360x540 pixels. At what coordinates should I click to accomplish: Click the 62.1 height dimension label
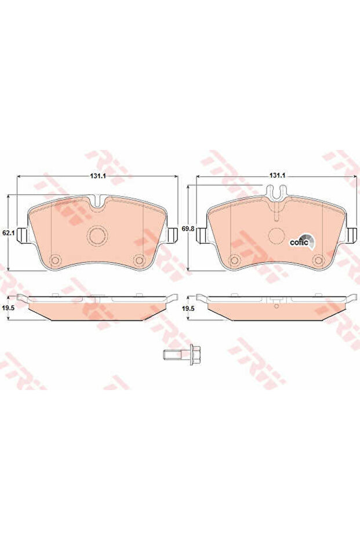8,233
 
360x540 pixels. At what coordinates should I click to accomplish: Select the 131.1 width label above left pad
97,176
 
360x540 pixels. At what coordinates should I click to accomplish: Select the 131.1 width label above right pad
278,176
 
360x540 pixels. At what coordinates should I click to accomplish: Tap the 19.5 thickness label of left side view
8,309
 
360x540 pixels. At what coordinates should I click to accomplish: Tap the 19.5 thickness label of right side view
187,309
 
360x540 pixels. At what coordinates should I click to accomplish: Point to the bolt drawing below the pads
179,354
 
